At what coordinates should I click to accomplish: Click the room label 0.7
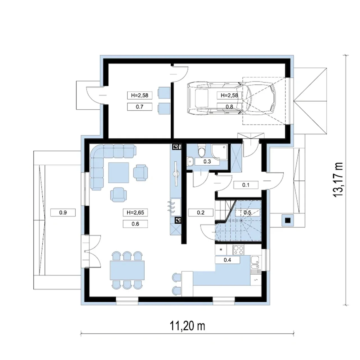pos(139,107)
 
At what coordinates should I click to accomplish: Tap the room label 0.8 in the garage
pos(229,107)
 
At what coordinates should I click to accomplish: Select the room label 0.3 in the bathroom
pos(207,162)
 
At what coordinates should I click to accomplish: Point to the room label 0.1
pos(246,185)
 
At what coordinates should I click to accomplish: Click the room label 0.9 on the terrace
pos(63,213)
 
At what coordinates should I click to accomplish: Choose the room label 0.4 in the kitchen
pos(227,260)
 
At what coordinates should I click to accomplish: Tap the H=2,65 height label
pos(135,213)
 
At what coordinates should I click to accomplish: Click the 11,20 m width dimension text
pos(187,326)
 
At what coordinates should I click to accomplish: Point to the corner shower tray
pos(219,152)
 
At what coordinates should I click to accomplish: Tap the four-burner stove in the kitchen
pos(238,250)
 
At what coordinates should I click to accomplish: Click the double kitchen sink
pos(255,262)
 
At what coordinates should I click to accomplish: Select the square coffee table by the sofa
pos(119,173)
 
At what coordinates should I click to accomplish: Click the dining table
pos(127,270)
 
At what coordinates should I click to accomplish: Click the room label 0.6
pos(135,224)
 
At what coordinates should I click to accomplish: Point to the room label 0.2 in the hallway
pos(201,213)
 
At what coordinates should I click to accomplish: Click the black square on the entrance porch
pos(288,220)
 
